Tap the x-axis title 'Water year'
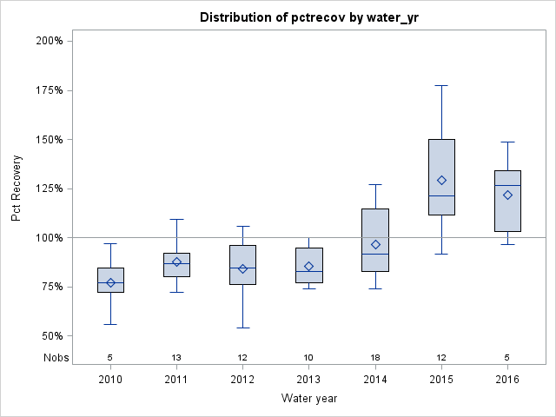click(308, 398)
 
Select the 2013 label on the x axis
click(308, 380)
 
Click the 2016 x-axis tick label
click(507, 380)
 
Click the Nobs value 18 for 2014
click(375, 357)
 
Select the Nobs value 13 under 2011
click(176, 357)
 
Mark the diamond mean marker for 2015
click(441, 181)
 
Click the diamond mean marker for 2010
click(110, 282)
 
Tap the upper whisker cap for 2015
click(441, 85)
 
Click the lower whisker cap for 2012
click(242, 328)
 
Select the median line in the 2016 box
click(507, 185)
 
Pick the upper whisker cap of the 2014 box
click(375, 184)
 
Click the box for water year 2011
click(176, 265)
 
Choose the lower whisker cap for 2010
click(110, 324)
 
